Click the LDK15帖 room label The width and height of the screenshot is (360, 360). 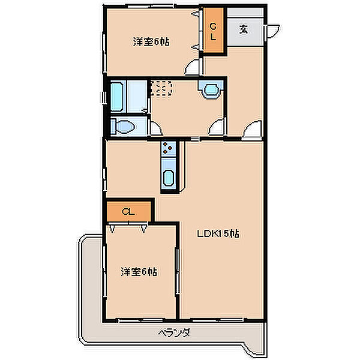coord(218,234)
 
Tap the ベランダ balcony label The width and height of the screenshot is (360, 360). coord(175,332)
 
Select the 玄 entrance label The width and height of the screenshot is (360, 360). coord(244,29)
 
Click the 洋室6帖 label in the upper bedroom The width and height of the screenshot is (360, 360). coord(151,42)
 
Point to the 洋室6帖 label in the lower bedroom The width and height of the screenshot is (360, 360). coord(139,272)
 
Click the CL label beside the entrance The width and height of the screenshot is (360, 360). coord(213,32)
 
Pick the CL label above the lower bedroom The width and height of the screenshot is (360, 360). coord(128,212)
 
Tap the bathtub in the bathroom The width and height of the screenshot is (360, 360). coord(117,97)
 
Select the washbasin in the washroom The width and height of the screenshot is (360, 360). coord(211,90)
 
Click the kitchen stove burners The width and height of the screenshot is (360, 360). coord(168,148)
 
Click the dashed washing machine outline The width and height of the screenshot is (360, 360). coord(162,88)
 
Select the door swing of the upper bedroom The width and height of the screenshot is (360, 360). coord(192,67)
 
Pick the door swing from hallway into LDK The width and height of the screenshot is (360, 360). coord(253,130)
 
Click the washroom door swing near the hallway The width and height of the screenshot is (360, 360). coord(217,127)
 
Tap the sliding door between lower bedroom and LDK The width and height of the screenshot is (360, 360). coord(177,271)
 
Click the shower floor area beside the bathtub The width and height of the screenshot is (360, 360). coord(137,97)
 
